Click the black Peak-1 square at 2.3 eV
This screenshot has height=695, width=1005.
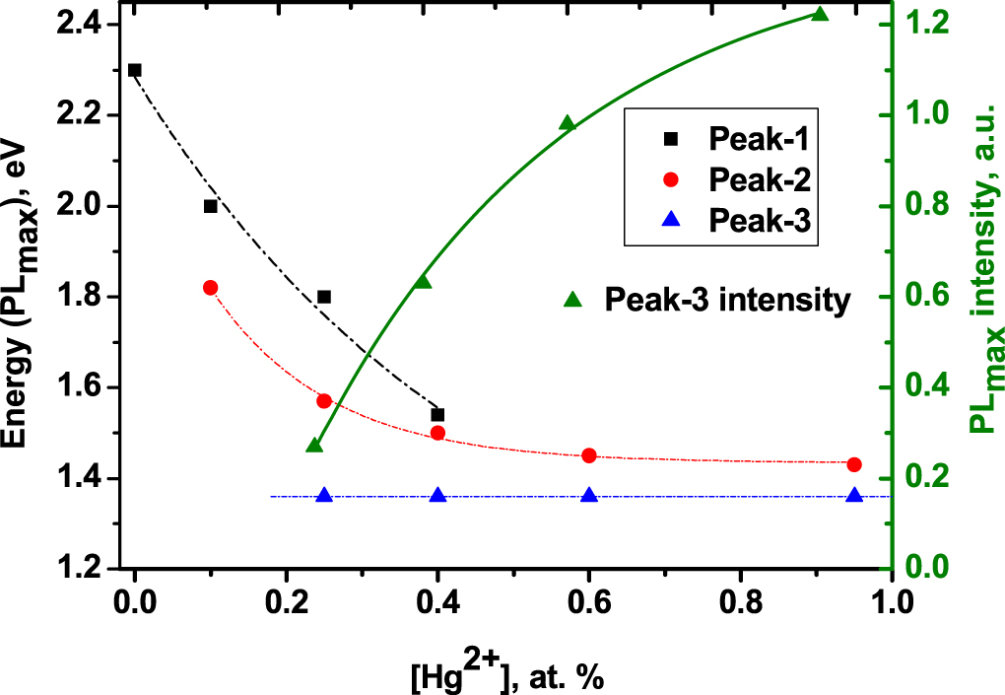135,70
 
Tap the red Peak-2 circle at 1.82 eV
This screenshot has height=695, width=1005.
210,287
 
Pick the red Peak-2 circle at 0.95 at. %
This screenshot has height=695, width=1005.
854,464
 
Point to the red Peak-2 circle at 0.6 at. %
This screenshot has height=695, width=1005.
589,455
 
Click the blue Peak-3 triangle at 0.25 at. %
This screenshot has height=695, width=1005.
324,495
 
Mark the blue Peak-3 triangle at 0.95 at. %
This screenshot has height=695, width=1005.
854,495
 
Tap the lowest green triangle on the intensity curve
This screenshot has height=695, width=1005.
315,445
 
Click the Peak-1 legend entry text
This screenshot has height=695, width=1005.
760,137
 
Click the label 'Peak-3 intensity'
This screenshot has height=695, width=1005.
727,300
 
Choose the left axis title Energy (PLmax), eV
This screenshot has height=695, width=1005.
22,296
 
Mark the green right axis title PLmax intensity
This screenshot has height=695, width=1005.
981,296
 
